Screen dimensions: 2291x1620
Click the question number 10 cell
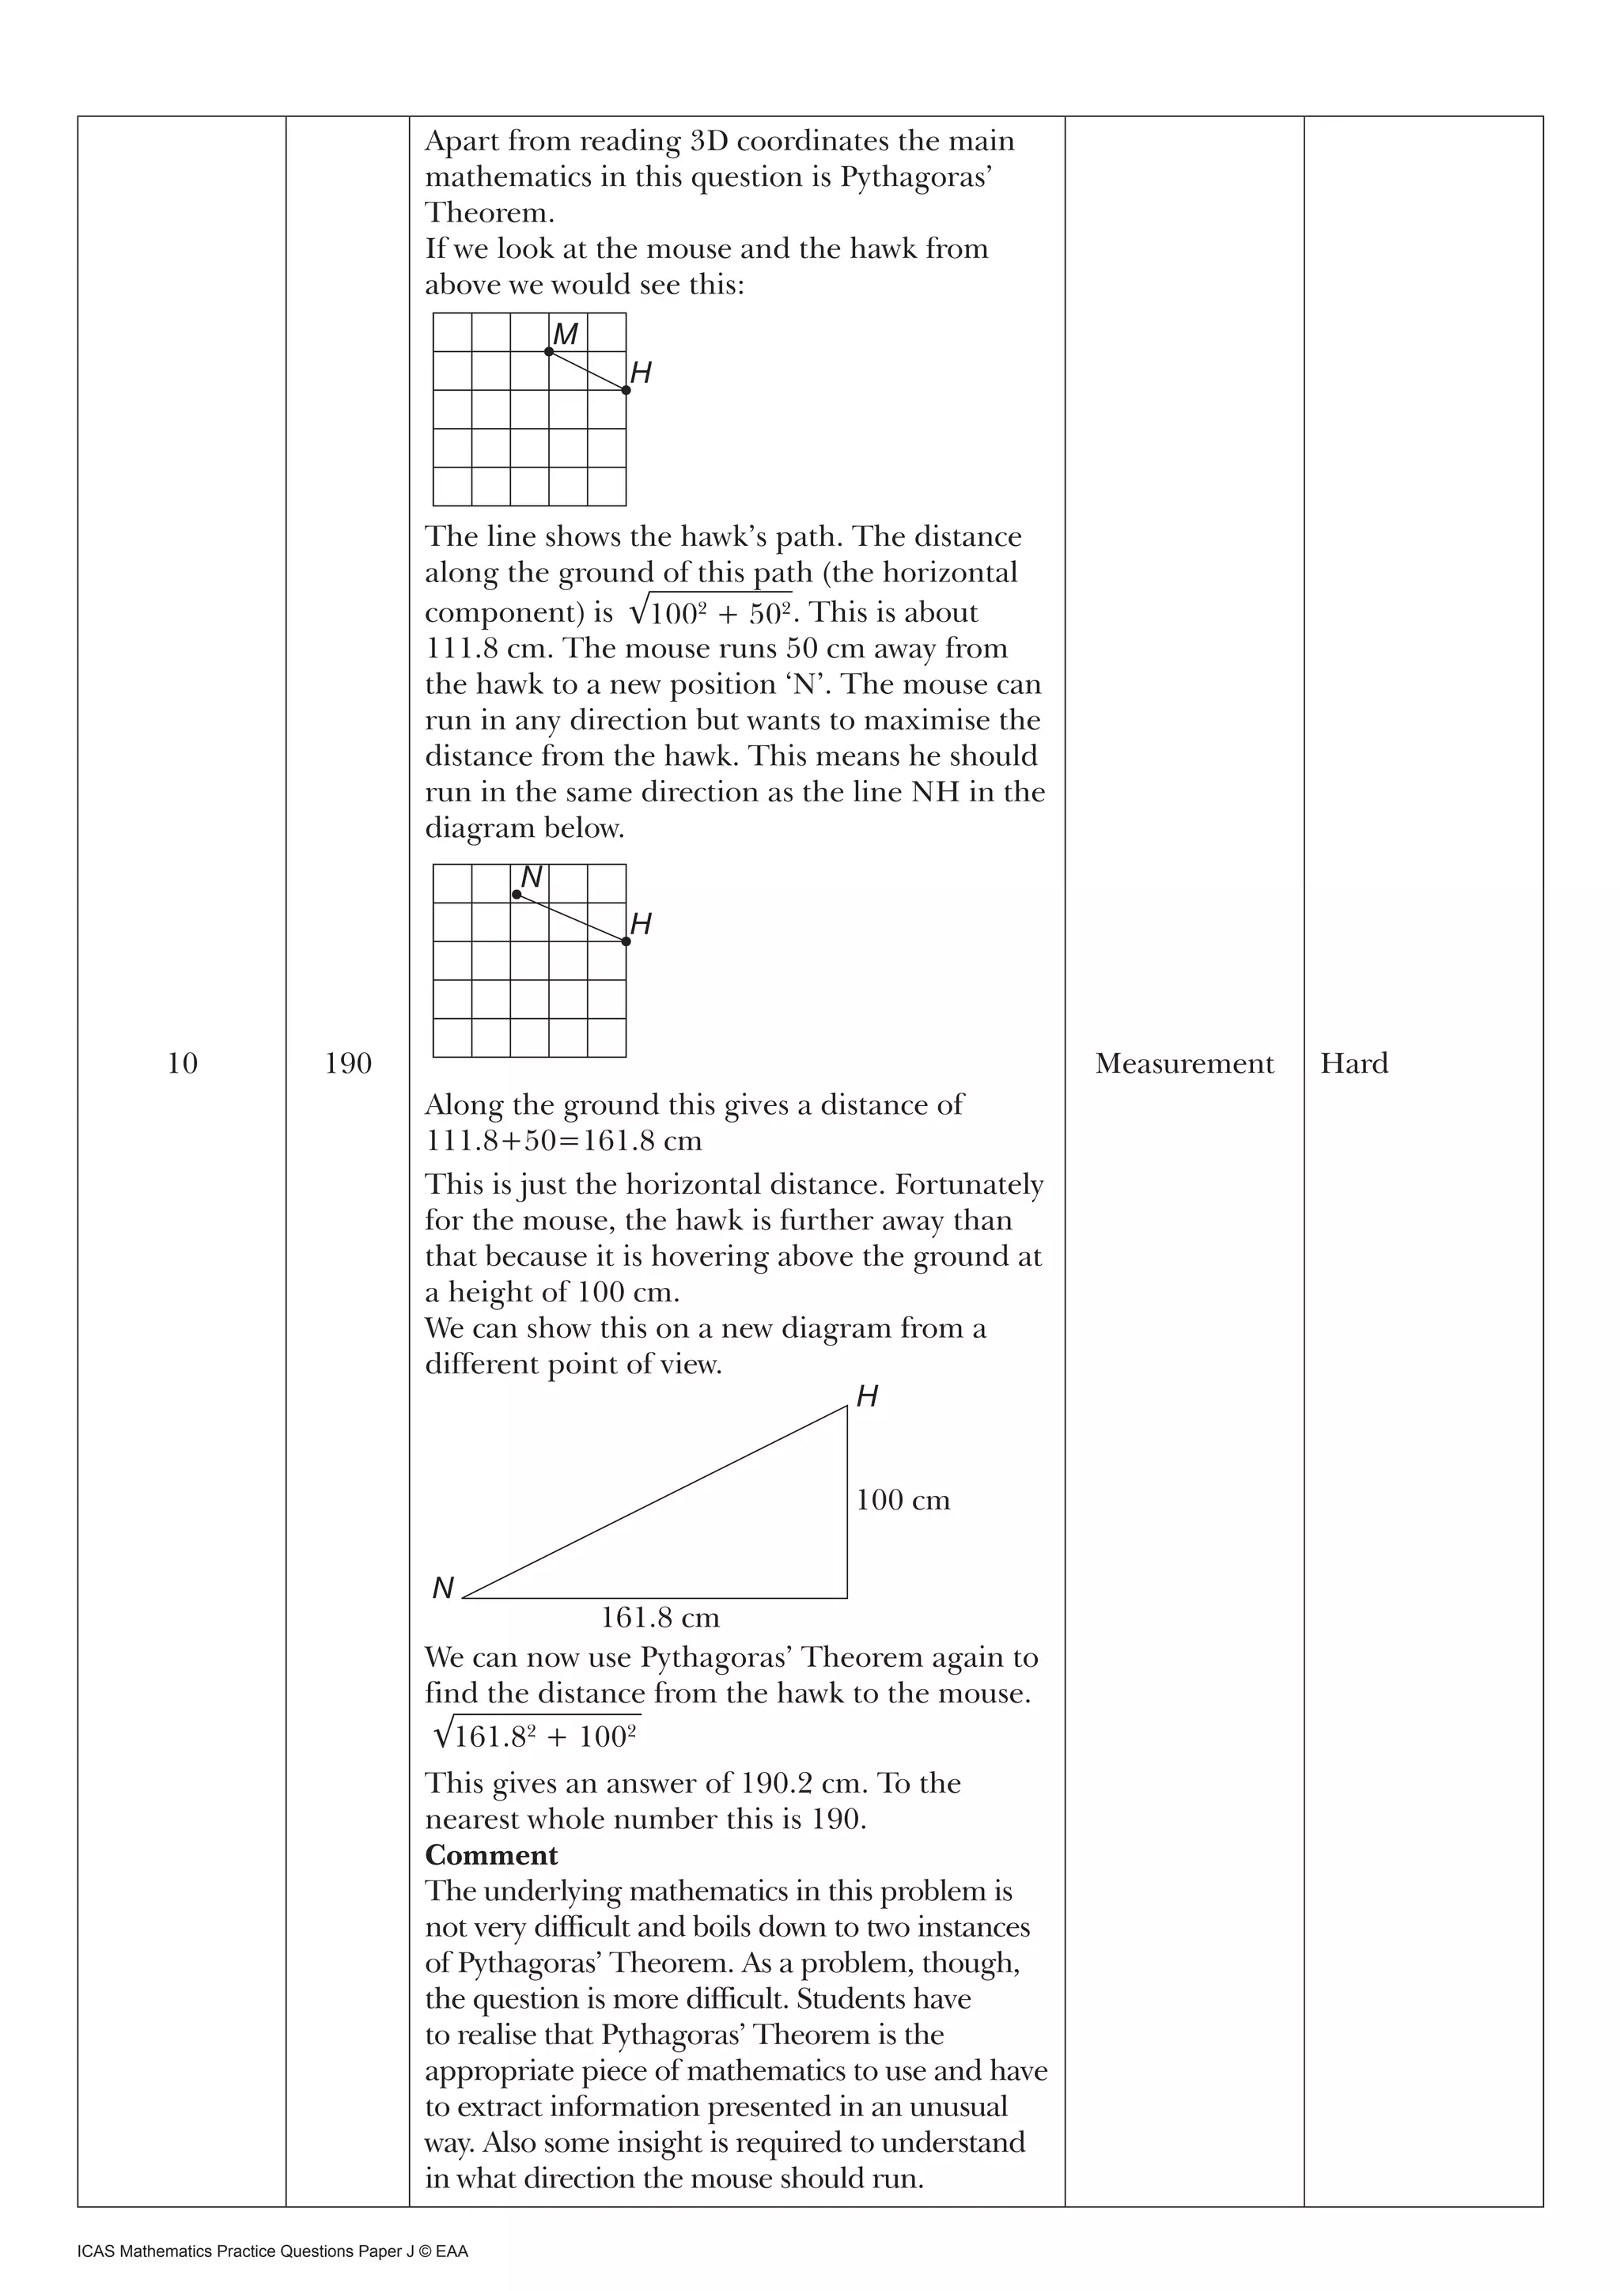coord(182,1064)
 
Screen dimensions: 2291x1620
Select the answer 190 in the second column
coord(347,1064)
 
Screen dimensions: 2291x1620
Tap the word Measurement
coord(1184,1064)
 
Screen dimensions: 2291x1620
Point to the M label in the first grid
coord(566,335)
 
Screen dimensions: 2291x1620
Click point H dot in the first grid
coord(626,390)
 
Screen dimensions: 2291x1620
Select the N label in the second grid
coord(532,877)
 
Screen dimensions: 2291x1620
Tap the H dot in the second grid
coord(626,941)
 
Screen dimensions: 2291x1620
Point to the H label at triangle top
coord(867,1397)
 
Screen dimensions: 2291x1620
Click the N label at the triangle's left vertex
coord(443,1588)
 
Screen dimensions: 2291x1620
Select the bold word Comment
coord(490,1855)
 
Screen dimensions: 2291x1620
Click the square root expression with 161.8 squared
coord(536,1737)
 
